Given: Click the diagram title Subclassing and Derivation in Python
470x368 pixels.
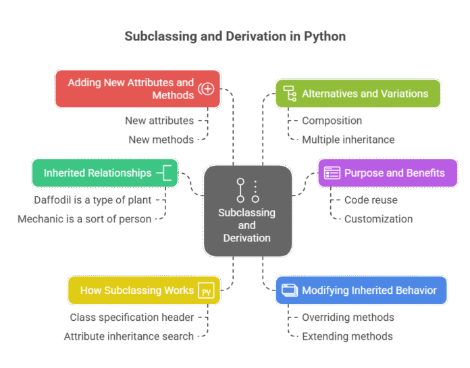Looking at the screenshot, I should (234, 36).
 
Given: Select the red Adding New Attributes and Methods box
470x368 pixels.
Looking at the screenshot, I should (138, 89).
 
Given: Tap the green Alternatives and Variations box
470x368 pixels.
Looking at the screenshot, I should (358, 94).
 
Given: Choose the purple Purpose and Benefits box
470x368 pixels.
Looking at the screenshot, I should (388, 173).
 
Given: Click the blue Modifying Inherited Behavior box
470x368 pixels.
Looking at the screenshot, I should (361, 290).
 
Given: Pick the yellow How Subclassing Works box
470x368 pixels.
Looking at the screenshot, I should (144, 290).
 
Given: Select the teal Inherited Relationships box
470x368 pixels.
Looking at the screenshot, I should (105, 173).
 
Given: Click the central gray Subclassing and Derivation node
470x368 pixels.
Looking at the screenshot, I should (247, 211).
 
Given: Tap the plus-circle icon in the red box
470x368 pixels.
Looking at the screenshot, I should (207, 89).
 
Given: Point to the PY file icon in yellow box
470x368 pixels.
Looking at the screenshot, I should (205, 291).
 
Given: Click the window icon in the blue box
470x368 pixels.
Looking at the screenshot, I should (289, 290).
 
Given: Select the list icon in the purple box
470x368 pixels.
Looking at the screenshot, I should (332, 173).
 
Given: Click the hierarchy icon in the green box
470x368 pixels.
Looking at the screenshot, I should (290, 94).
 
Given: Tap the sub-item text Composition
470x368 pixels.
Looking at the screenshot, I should (332, 121).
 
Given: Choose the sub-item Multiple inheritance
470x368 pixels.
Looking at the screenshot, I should (348, 140).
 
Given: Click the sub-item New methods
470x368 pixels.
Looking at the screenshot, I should (161, 140).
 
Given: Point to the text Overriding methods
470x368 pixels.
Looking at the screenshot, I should (347, 317).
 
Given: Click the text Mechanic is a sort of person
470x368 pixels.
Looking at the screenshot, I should (84, 218).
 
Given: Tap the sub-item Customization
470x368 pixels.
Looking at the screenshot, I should (378, 218).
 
